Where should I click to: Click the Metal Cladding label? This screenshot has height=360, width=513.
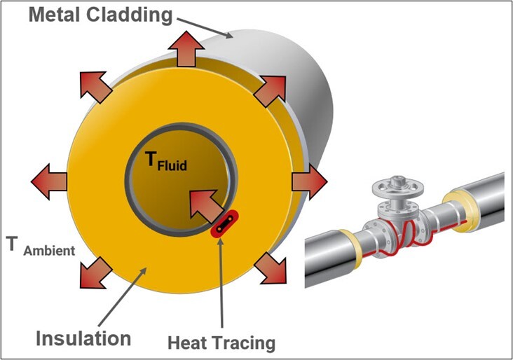tap(101, 13)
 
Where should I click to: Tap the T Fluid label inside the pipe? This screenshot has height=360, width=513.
tap(167, 162)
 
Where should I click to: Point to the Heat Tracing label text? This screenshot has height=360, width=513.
tap(221, 343)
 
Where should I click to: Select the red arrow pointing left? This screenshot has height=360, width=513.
tap(49, 181)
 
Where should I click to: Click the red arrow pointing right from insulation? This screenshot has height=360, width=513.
tap(309, 181)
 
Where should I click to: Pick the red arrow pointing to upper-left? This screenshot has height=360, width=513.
tap(93, 85)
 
